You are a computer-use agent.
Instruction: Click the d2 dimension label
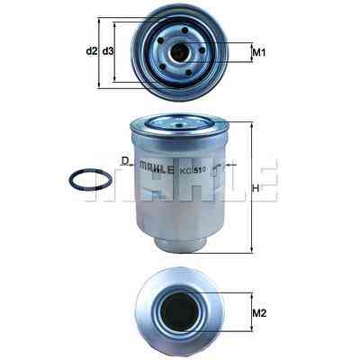tap(92, 51)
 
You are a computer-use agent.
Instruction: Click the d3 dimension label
tap(108, 51)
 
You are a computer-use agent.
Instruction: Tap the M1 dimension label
tap(259, 53)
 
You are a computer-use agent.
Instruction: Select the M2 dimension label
tap(259, 313)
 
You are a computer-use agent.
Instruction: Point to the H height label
tap(256, 188)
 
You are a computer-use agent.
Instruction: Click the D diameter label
tap(125, 161)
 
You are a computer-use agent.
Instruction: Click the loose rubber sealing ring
tap(91, 179)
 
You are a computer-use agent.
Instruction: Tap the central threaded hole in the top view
tap(179, 53)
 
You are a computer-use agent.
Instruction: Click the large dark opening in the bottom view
tap(179, 312)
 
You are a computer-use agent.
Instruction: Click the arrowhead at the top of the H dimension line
tap(252, 123)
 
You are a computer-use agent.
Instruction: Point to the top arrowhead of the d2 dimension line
tap(99, 20)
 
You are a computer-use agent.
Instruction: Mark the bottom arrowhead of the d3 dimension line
tap(114, 80)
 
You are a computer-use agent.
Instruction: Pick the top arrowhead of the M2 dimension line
tap(252, 295)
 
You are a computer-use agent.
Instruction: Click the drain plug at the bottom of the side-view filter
tap(179, 242)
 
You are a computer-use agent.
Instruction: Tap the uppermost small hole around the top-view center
tap(184, 31)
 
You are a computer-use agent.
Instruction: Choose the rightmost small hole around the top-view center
tap(202, 50)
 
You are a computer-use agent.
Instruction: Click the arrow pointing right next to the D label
tap(131, 165)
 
